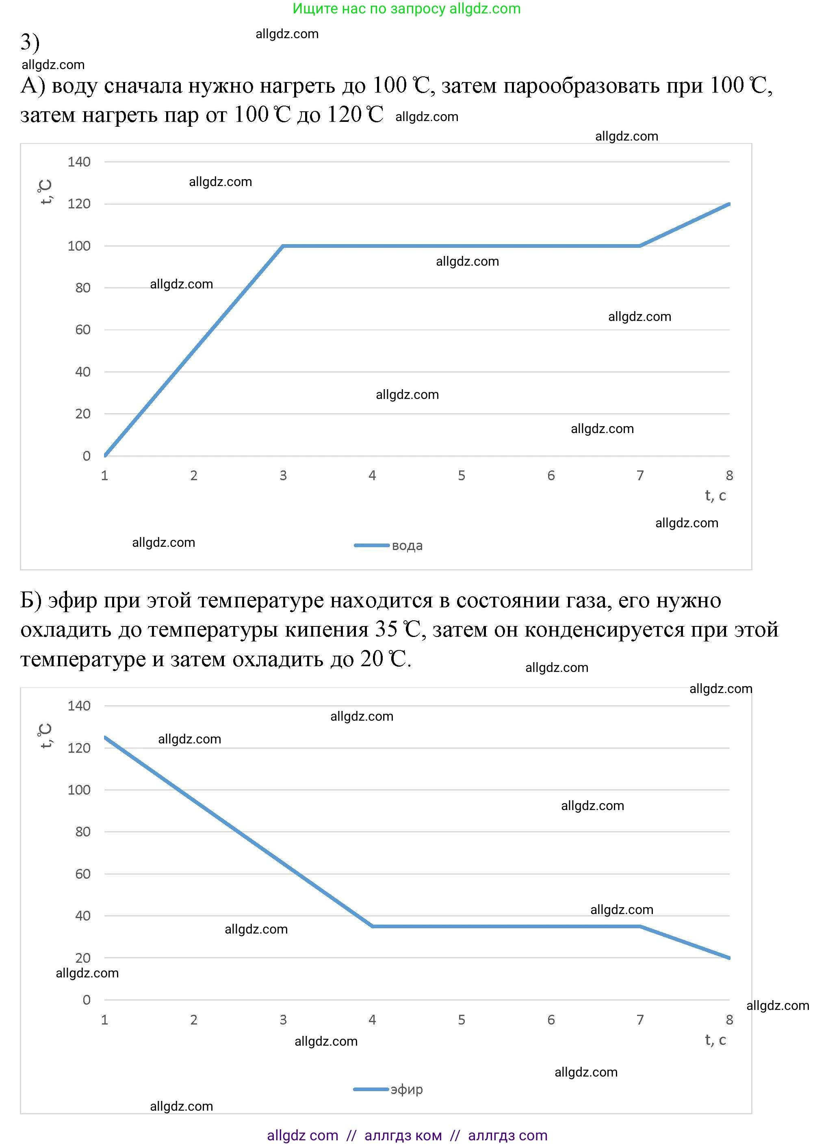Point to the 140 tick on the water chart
[79, 162]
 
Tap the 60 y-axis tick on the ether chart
[83, 874]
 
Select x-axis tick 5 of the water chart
[462, 476]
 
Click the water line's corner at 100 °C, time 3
[283, 246]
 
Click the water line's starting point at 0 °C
[105, 455]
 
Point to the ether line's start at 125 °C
[105, 737]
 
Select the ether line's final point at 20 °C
[729, 958]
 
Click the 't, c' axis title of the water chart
[715, 496]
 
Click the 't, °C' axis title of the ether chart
[45, 736]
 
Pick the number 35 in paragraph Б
[386, 630]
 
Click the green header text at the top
[407, 9]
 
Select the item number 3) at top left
[30, 42]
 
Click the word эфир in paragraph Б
[73, 600]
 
